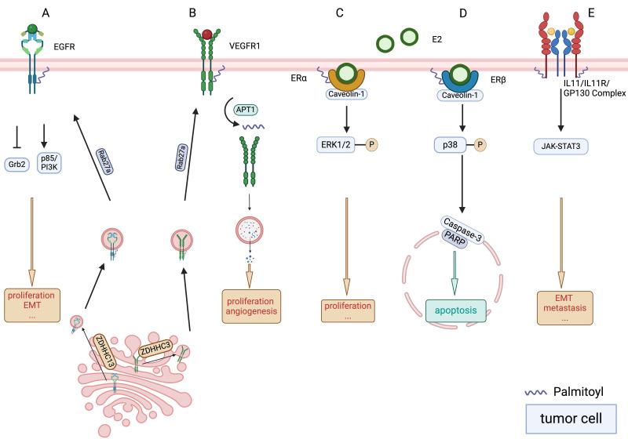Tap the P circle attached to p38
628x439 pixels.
(482, 144)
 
